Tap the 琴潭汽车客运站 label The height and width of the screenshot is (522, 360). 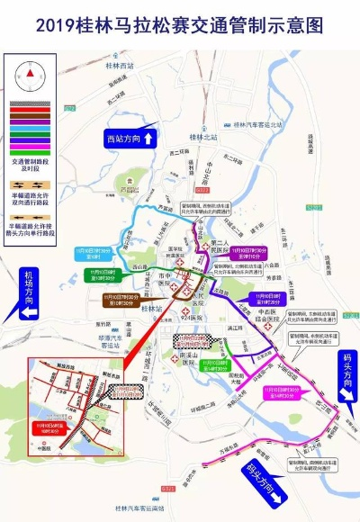click(x=116, y=341)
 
